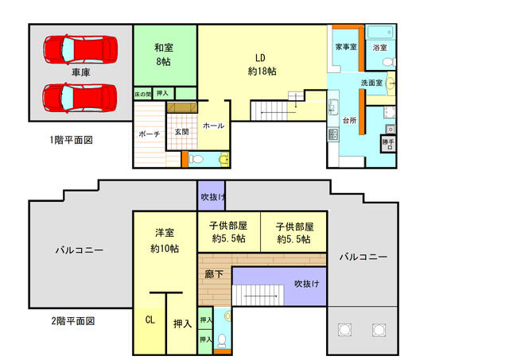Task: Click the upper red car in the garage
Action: point(80,49)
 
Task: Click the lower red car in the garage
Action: point(80,98)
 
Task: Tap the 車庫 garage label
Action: point(80,72)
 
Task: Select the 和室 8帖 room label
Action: point(164,55)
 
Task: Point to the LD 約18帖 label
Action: point(262,64)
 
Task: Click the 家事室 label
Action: point(346,47)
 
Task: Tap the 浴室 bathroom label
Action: point(380,48)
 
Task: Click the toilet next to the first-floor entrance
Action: point(196,159)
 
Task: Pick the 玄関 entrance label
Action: point(181,132)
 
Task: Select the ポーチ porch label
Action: point(150,134)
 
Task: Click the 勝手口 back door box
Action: point(388,144)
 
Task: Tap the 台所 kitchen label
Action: point(350,120)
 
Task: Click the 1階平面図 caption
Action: point(72,140)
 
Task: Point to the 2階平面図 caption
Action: point(73,321)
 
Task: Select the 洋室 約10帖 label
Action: point(165,240)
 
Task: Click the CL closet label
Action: point(150,319)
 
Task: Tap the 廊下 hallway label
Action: point(214,274)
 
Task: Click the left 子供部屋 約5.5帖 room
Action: point(229,231)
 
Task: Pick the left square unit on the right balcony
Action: point(344,330)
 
